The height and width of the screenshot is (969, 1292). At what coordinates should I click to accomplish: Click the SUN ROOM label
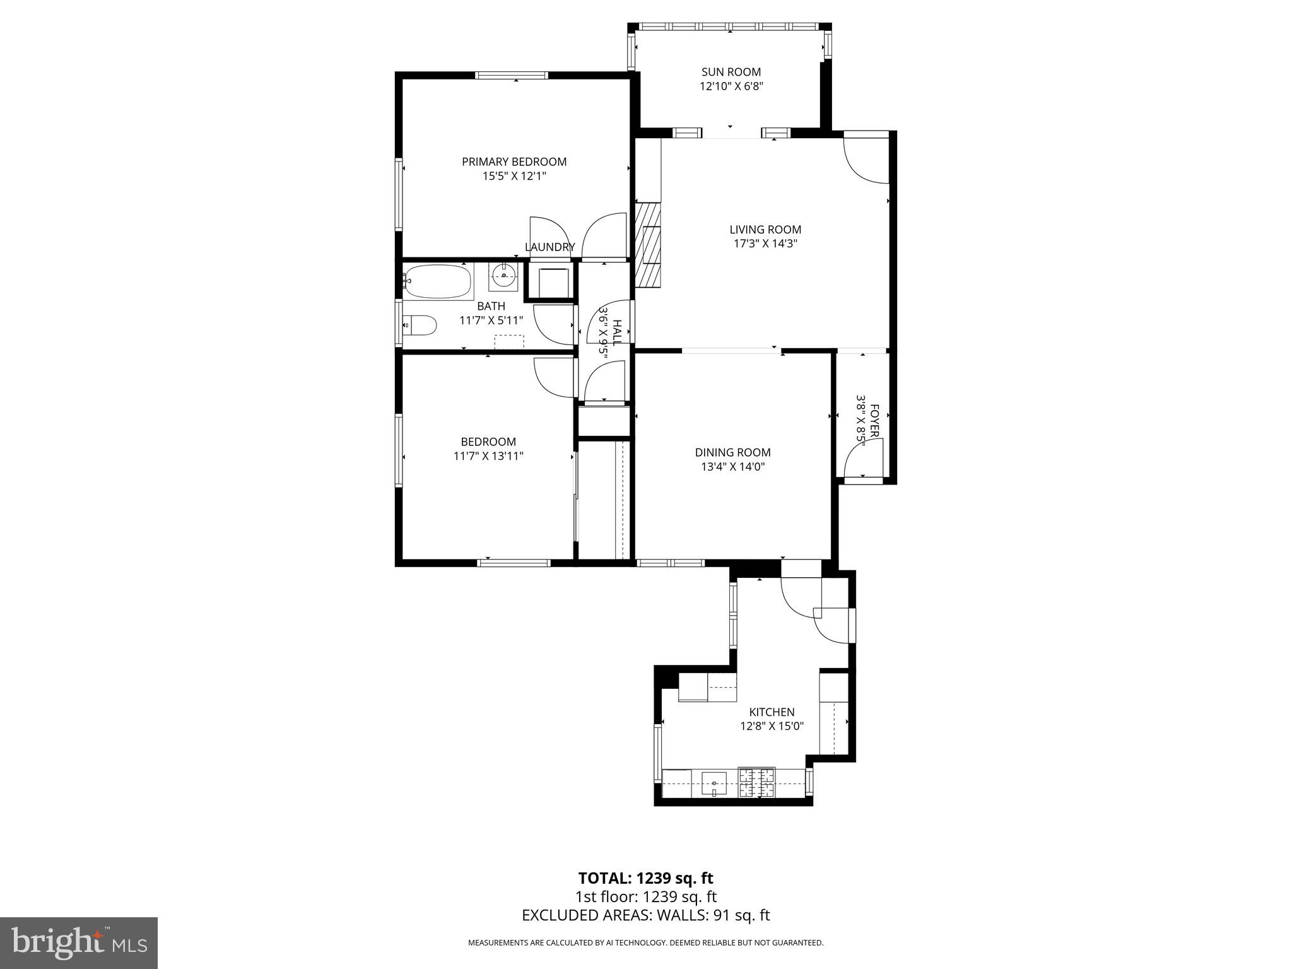(731, 72)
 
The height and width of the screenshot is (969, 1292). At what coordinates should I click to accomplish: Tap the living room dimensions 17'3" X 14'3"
(765, 244)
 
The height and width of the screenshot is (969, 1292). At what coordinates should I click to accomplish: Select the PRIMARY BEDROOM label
(514, 161)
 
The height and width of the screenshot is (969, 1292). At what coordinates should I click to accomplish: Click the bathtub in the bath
(439, 282)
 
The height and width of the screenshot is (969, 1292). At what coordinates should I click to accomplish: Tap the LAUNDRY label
(549, 247)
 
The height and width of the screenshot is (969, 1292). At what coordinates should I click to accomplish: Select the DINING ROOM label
(732, 452)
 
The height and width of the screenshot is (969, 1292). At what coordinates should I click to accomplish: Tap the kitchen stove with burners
(757, 783)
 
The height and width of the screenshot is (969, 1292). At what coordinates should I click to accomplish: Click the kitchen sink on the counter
(714, 784)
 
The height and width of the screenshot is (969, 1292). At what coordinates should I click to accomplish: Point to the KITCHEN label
(772, 712)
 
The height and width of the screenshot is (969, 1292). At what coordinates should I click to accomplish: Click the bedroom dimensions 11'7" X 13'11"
(488, 456)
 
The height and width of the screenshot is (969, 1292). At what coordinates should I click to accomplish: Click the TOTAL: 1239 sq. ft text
(645, 878)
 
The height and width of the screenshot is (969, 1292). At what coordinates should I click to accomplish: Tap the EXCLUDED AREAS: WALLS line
(645, 915)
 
